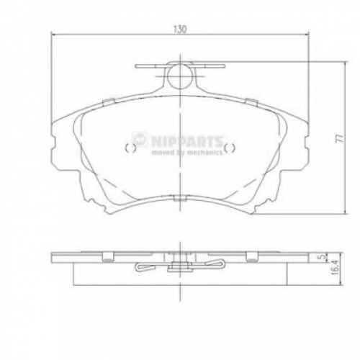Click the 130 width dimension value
pyautogui.click(x=180, y=30)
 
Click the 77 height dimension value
pyautogui.click(x=341, y=138)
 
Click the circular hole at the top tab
pyautogui.click(x=180, y=76)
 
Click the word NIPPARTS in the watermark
pyautogui.click(x=186, y=141)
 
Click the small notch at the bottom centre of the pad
pyautogui.click(x=180, y=198)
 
